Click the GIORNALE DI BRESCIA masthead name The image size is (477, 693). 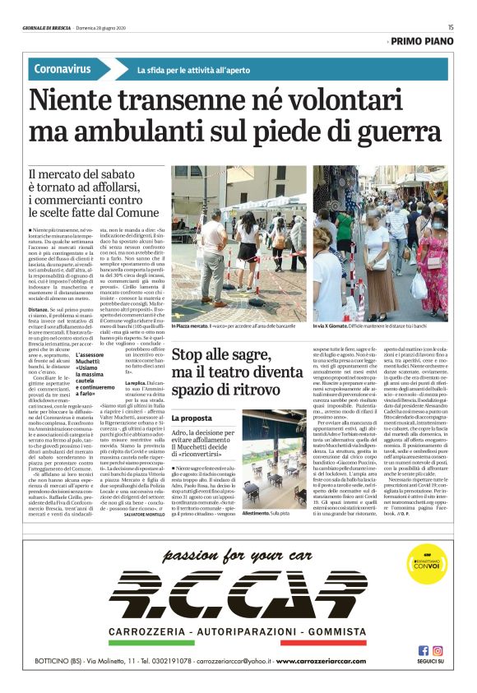coord(47,27)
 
